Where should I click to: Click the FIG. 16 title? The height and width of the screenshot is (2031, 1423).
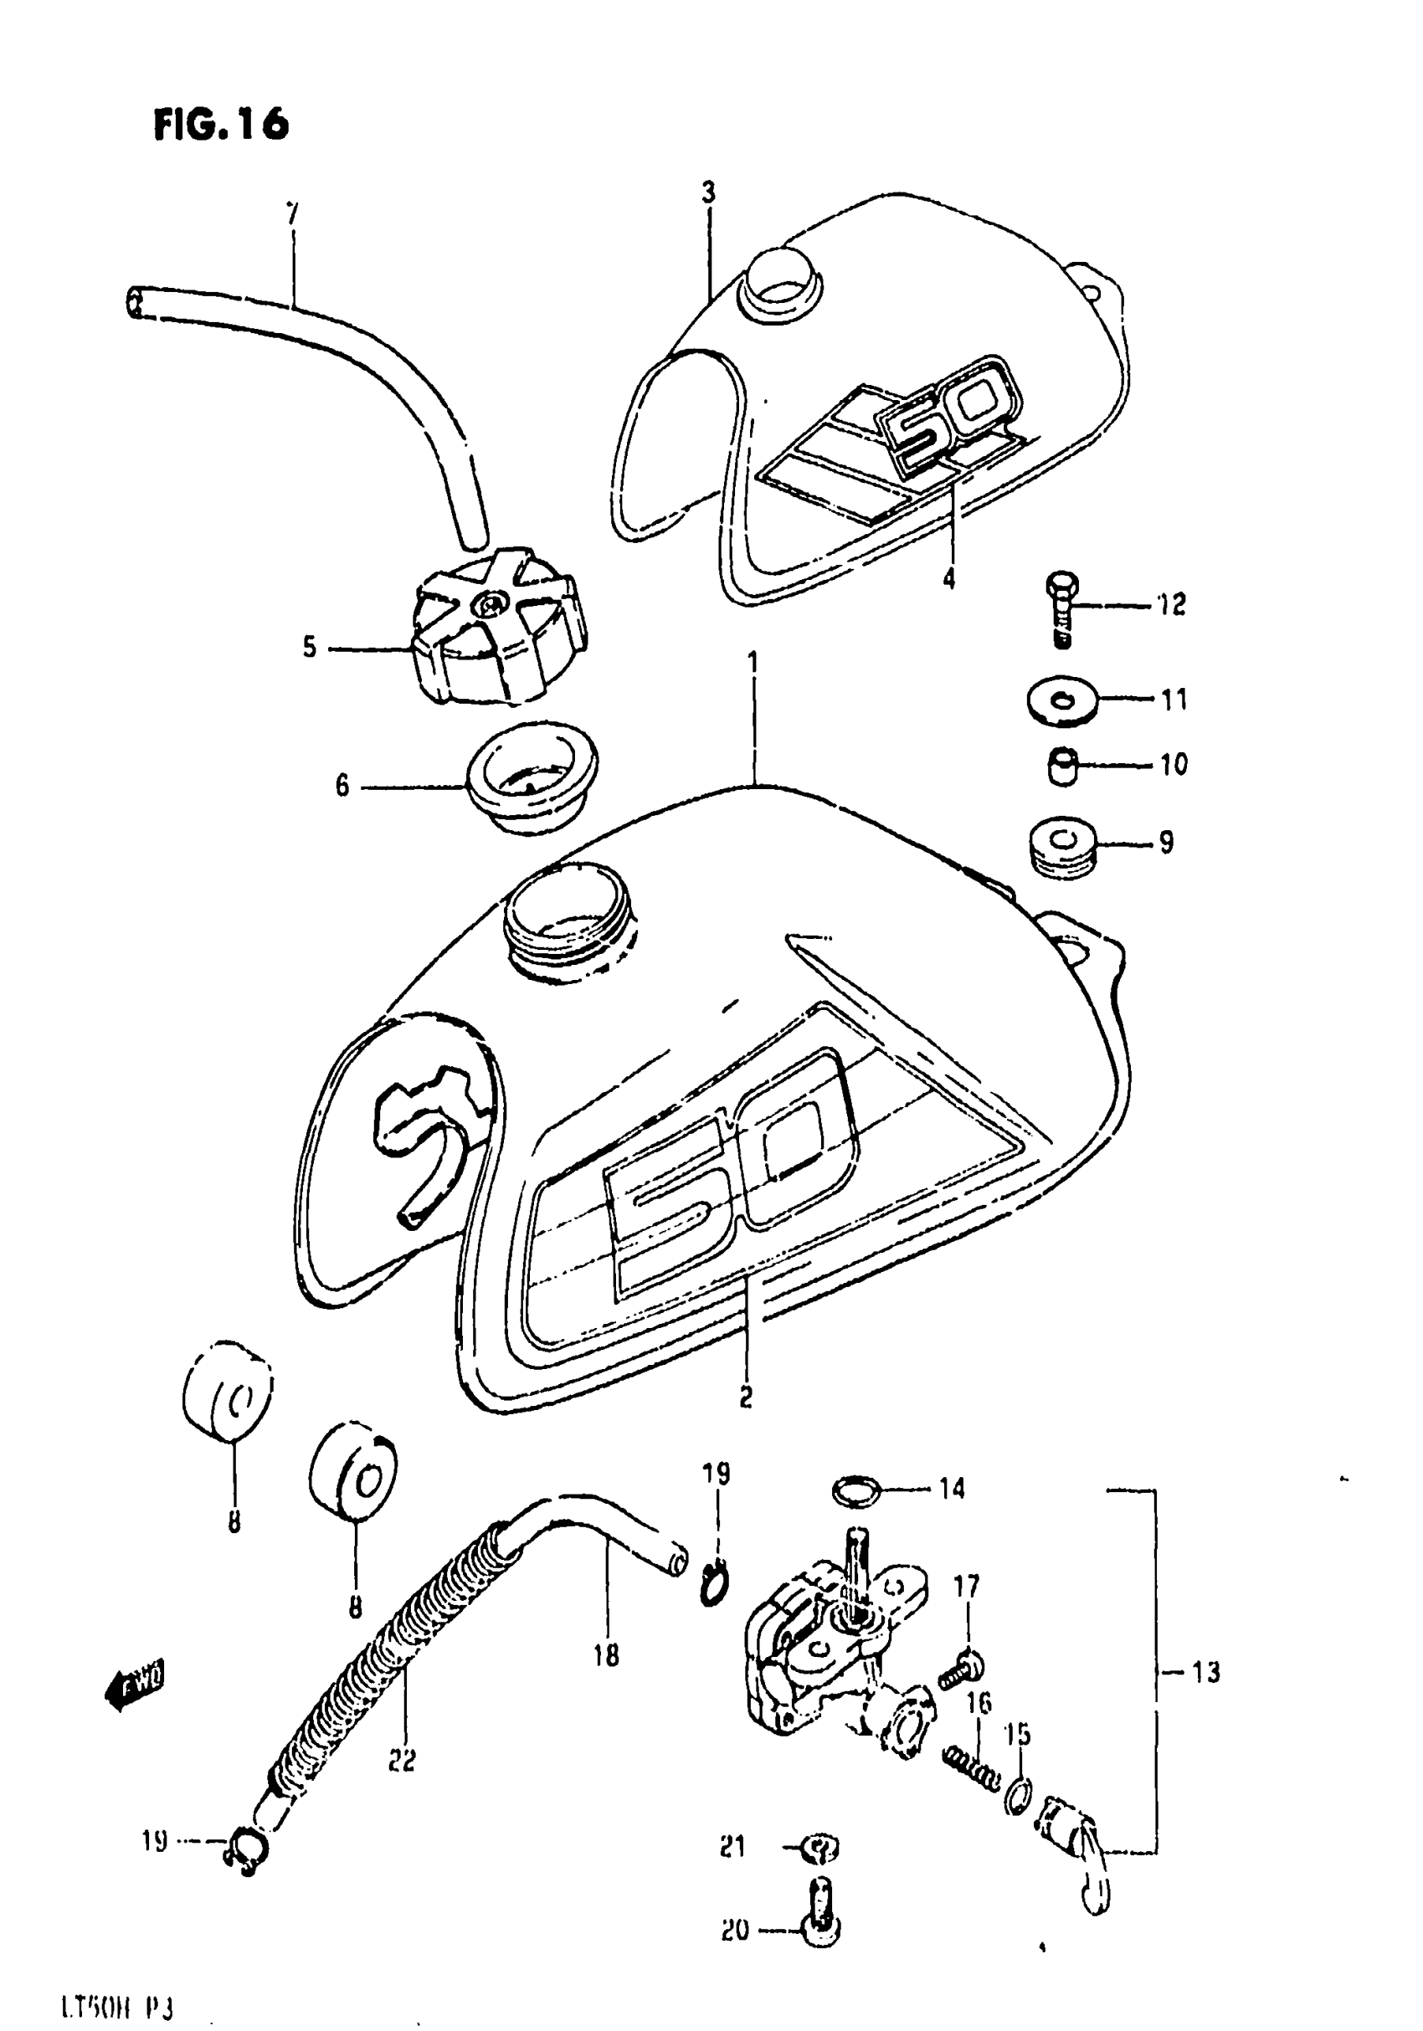[x=221, y=125]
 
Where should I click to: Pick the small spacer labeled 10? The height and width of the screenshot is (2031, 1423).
[x=1062, y=765]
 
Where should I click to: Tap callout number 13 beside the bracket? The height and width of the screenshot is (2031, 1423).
[x=1205, y=1673]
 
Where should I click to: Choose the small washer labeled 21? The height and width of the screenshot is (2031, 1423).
[x=820, y=1848]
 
